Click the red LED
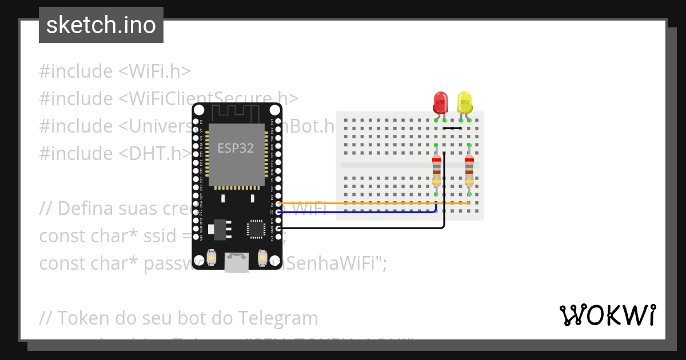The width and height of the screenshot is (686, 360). click(x=440, y=103)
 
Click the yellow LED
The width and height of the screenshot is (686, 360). click(x=465, y=103)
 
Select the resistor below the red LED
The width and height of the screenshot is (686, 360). click(x=437, y=170)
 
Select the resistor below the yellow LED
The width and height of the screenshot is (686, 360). click(x=469, y=170)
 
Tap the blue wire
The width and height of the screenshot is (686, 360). click(x=354, y=213)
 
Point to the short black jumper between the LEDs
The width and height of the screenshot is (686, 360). click(x=452, y=128)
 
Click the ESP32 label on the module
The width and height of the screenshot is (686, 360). click(x=236, y=148)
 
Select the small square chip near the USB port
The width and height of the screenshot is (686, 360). click(x=256, y=229)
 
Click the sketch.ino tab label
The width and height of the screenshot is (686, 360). click(x=101, y=25)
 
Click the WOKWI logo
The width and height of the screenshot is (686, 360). click(x=607, y=315)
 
